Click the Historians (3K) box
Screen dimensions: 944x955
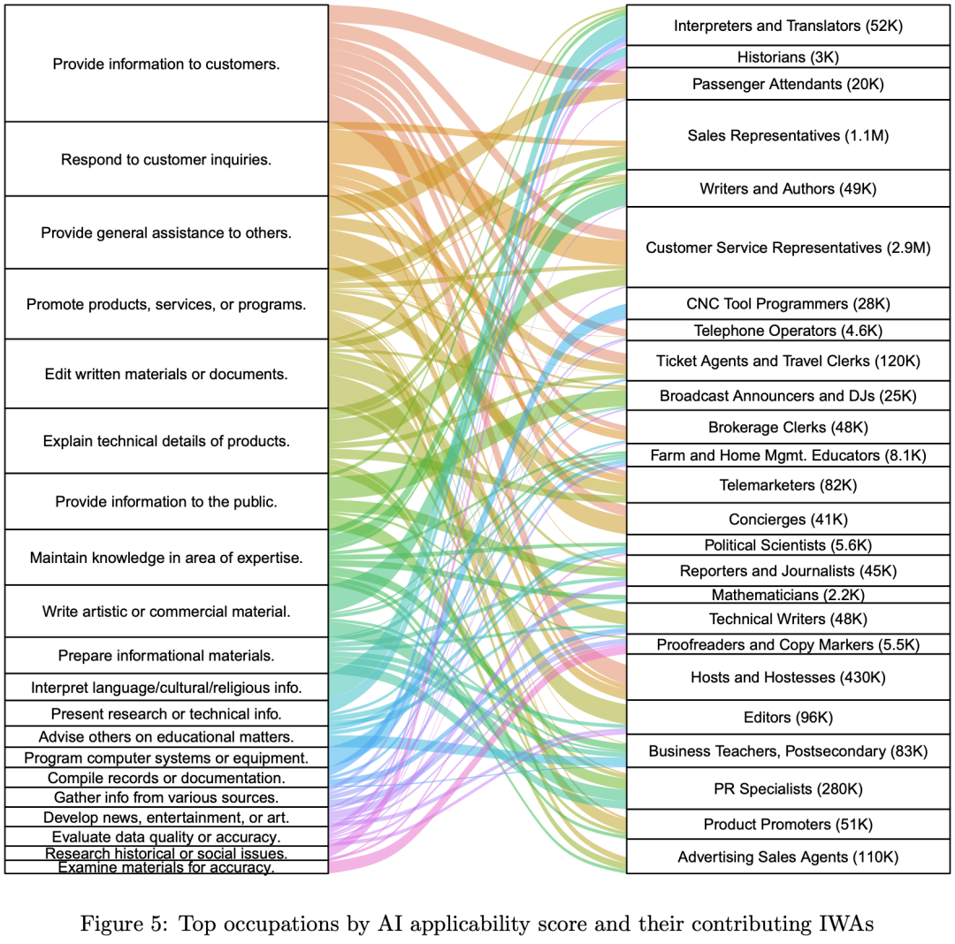(x=788, y=57)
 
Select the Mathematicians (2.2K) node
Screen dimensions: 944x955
(x=788, y=595)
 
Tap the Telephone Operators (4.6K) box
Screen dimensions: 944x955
(x=788, y=331)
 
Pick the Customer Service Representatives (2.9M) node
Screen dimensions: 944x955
(x=788, y=247)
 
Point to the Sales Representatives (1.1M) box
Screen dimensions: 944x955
(x=788, y=135)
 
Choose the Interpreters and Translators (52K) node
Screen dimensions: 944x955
(x=788, y=26)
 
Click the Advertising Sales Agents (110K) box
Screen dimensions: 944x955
(x=788, y=856)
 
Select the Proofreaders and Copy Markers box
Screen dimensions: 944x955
(x=788, y=644)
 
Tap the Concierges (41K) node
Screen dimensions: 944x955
(x=788, y=519)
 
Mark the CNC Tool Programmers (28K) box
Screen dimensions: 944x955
(x=788, y=303)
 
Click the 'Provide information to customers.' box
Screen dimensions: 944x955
(x=166, y=64)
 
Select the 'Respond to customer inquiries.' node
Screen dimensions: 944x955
(x=166, y=159)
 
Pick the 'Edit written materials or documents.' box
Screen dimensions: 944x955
(x=166, y=374)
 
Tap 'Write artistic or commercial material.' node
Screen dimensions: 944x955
(x=166, y=611)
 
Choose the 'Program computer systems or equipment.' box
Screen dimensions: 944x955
(x=166, y=757)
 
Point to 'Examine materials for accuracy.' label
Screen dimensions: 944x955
(x=166, y=868)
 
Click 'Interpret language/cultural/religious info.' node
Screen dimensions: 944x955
(x=166, y=687)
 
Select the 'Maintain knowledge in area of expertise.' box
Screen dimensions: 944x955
(x=166, y=558)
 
